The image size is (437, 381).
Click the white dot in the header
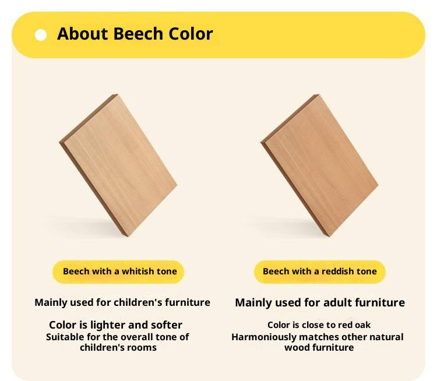tap(41, 35)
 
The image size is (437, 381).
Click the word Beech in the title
tap(136, 34)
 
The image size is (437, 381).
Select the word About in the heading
tap(83, 34)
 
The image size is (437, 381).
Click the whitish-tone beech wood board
tap(118, 165)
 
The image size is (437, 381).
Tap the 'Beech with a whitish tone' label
tap(119, 271)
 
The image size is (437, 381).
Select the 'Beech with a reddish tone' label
tap(319, 271)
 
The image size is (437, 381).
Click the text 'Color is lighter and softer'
tap(115, 325)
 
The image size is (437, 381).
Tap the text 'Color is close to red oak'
tap(319, 324)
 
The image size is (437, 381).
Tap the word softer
tap(166, 325)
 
